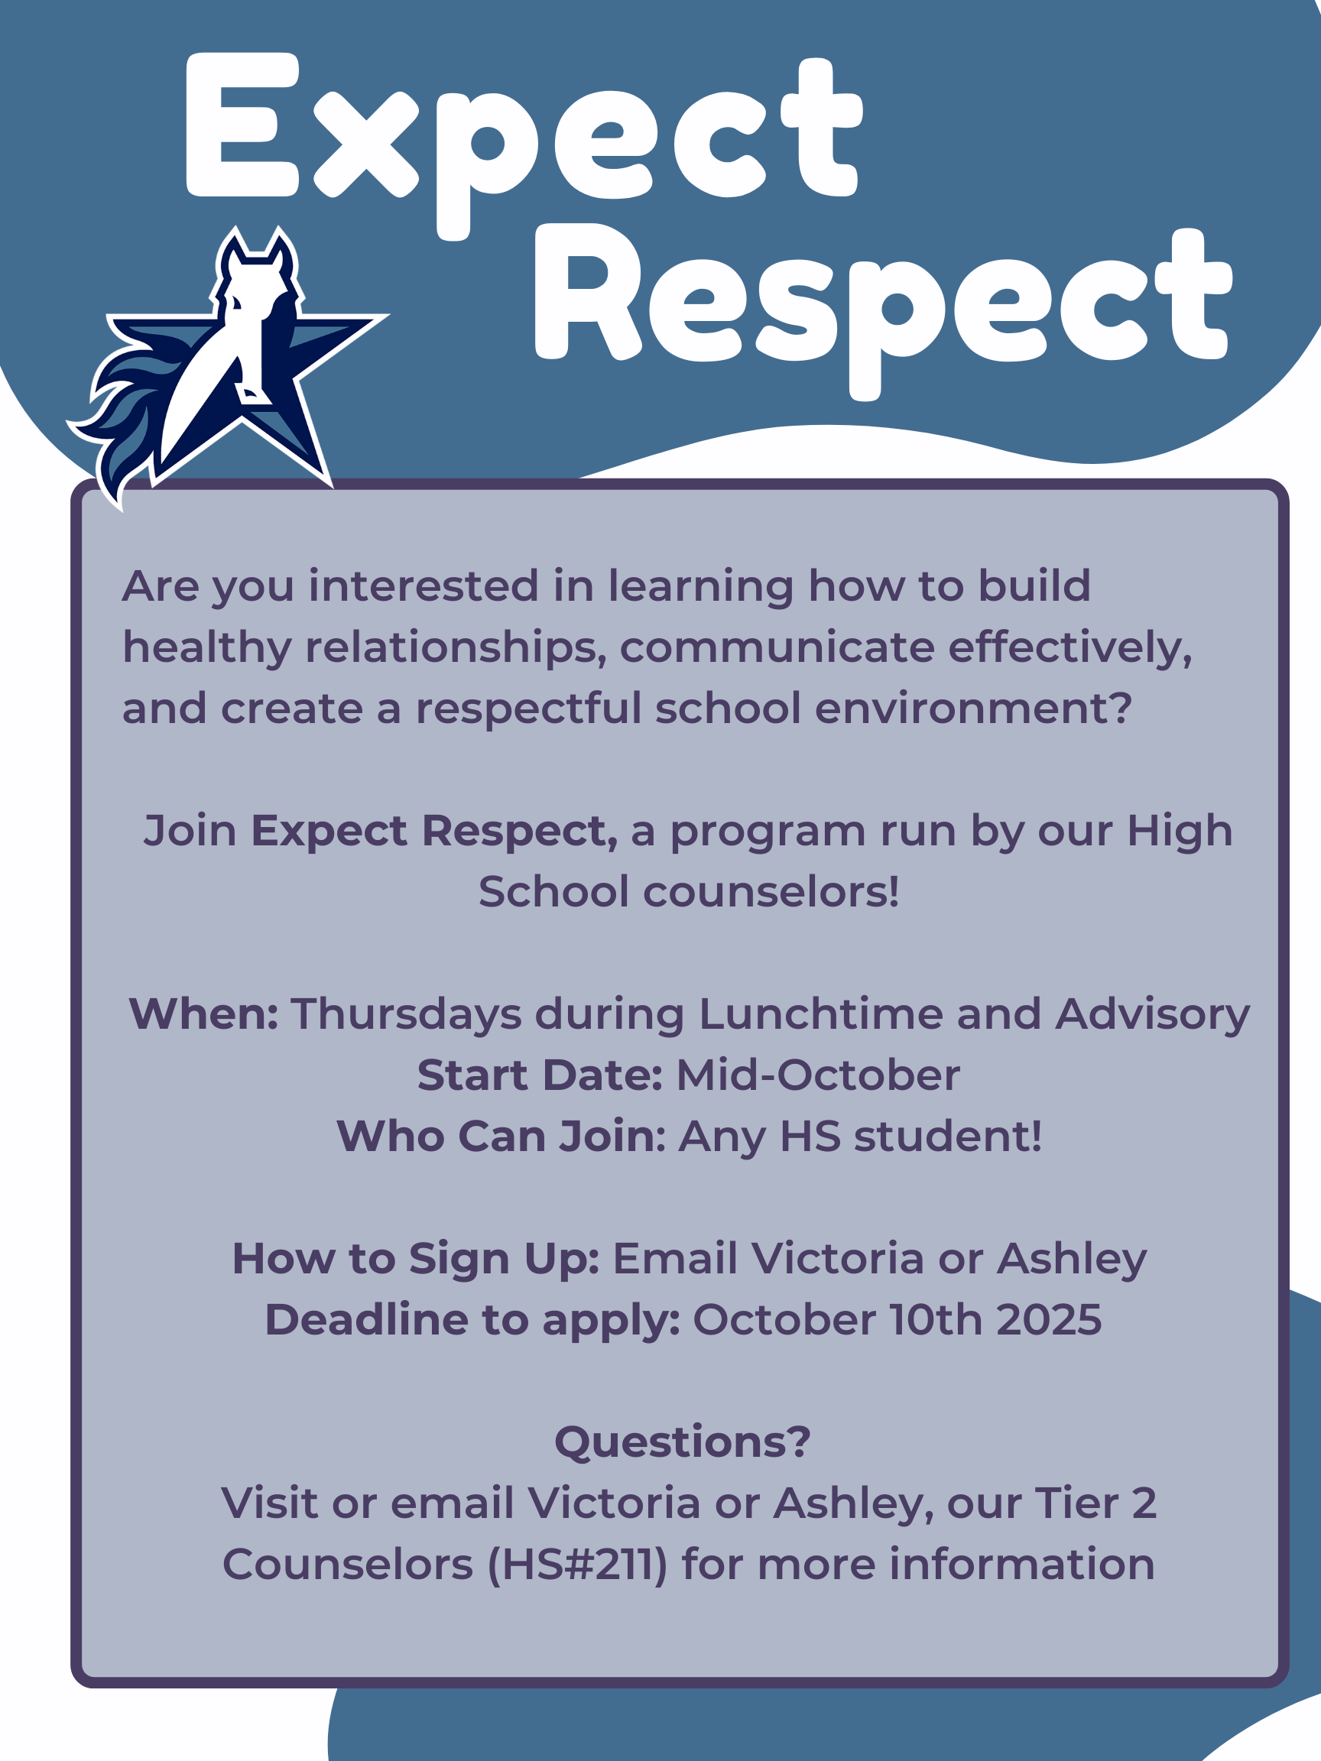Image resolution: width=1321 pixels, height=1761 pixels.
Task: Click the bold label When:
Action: click(204, 1014)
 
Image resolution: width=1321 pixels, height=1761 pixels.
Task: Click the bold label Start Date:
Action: click(540, 1075)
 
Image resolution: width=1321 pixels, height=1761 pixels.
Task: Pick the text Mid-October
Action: click(818, 1075)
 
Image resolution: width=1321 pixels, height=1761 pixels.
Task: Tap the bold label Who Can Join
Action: click(498, 1136)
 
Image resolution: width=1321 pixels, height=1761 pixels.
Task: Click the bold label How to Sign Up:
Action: click(416, 1260)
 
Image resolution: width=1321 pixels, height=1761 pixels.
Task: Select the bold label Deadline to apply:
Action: click(472, 1322)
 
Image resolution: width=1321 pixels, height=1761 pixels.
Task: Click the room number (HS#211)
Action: click(577, 1565)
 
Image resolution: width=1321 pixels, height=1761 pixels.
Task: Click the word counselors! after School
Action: click(771, 892)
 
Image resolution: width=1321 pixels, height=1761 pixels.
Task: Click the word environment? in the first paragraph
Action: click(973, 709)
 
